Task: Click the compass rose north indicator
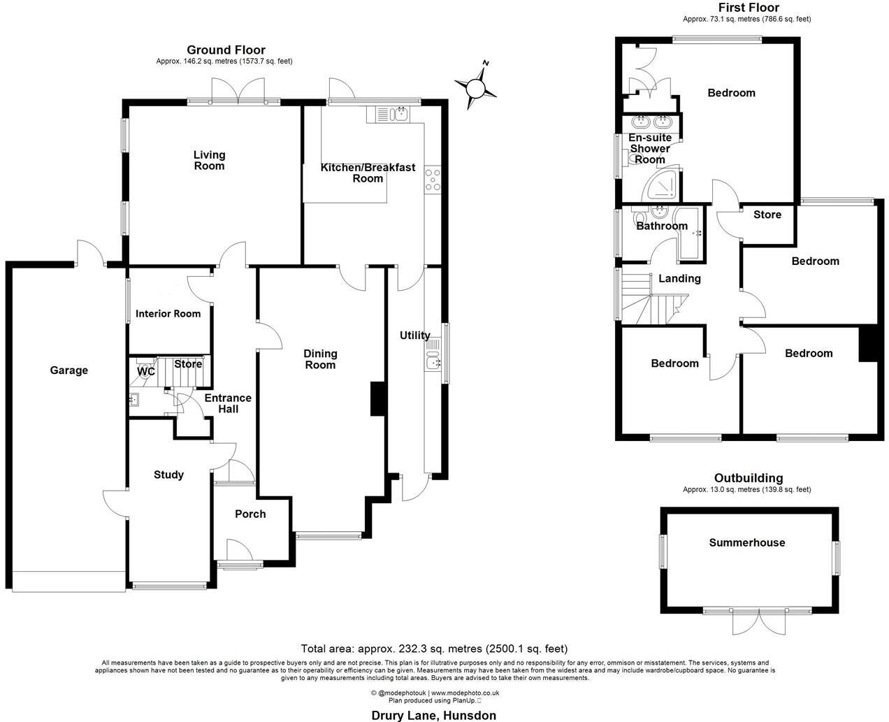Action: [x=476, y=88]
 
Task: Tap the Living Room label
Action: [x=210, y=160]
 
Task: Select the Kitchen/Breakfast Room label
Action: [x=368, y=173]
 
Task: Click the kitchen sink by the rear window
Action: [x=392, y=113]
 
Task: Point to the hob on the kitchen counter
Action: [x=433, y=180]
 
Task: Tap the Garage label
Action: [x=68, y=370]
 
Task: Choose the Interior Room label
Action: [x=168, y=314]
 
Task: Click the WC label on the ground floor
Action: [x=145, y=372]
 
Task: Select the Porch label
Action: [x=250, y=514]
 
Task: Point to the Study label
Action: [x=168, y=475]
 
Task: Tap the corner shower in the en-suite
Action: [x=660, y=183]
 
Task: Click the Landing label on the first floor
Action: [x=679, y=279]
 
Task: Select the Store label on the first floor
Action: [x=767, y=215]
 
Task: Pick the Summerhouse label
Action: [x=747, y=543]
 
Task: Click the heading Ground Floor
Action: [x=226, y=50]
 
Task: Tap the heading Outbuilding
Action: [x=747, y=479]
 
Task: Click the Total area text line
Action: [x=434, y=649]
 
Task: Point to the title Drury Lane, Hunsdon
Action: [x=433, y=715]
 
